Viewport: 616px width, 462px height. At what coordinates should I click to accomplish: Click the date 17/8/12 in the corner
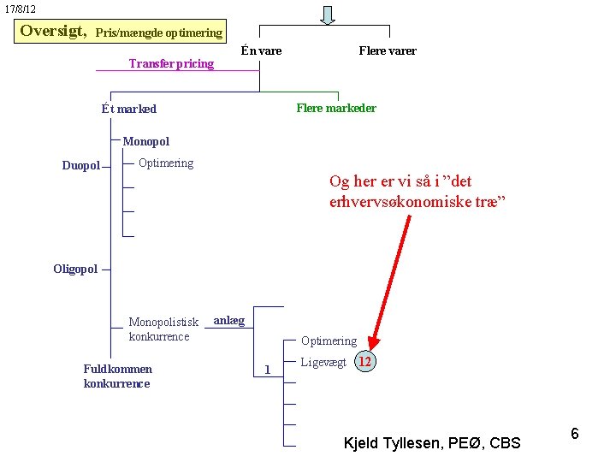tap(21, 9)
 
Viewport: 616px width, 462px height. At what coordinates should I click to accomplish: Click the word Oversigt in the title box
tap(53, 31)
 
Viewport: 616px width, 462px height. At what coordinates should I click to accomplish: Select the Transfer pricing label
tap(171, 63)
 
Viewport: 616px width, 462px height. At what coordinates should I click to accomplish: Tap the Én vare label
tap(261, 50)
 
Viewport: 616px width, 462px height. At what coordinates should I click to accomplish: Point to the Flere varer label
tap(388, 50)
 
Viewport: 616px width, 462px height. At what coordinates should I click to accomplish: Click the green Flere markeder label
tap(336, 108)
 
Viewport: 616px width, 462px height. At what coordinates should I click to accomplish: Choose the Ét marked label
tap(129, 109)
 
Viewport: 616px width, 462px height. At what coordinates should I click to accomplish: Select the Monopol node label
tap(146, 141)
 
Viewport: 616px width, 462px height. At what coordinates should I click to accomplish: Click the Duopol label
tap(80, 165)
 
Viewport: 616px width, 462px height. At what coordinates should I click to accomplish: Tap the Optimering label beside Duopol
tap(166, 163)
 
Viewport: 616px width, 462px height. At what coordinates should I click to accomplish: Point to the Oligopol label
tap(75, 269)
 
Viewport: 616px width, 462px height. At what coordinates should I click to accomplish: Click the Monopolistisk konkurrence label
tap(163, 329)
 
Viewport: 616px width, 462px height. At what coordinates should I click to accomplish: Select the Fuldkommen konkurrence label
tap(118, 376)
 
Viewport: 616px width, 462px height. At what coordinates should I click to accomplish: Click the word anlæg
tap(228, 320)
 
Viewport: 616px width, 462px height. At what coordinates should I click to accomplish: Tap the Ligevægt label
tap(323, 362)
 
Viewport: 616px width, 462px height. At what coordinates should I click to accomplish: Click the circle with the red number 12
tap(365, 361)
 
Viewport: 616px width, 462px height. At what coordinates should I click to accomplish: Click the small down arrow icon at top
tap(328, 15)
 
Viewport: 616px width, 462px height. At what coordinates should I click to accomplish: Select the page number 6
tap(575, 434)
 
